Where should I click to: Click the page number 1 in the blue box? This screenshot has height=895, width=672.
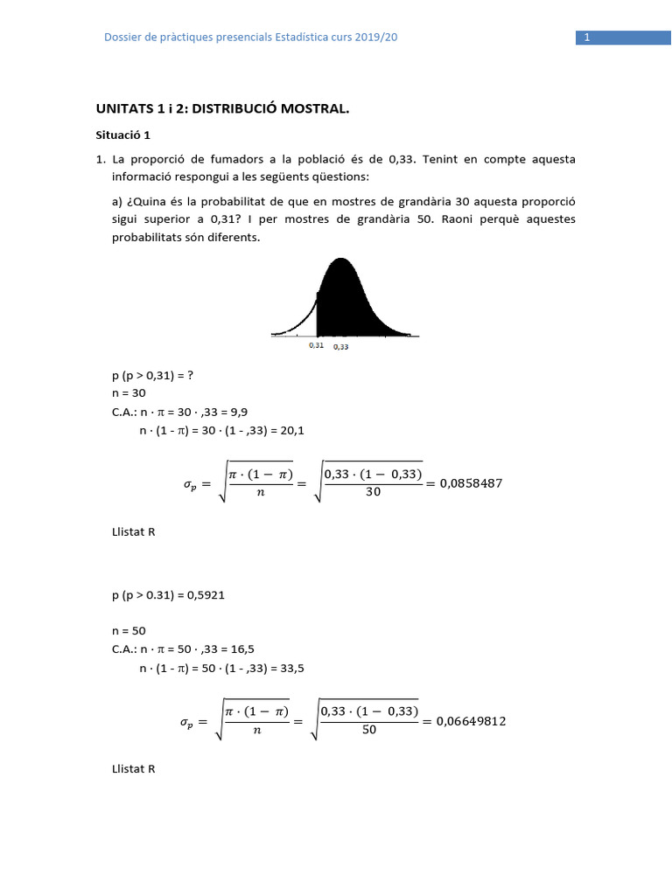click(x=587, y=38)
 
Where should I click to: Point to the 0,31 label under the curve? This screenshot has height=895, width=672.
click(x=316, y=345)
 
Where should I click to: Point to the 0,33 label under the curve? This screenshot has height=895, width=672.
click(x=340, y=346)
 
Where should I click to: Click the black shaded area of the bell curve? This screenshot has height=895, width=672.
click(x=350, y=302)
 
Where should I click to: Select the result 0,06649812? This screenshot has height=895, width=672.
click(x=469, y=721)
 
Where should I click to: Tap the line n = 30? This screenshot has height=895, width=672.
click(x=129, y=393)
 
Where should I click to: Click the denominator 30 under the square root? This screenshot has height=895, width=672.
click(x=373, y=492)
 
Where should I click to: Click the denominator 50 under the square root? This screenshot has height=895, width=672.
click(x=369, y=731)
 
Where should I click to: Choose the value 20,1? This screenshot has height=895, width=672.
click(x=291, y=430)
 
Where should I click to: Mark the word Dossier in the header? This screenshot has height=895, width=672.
click(x=123, y=37)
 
